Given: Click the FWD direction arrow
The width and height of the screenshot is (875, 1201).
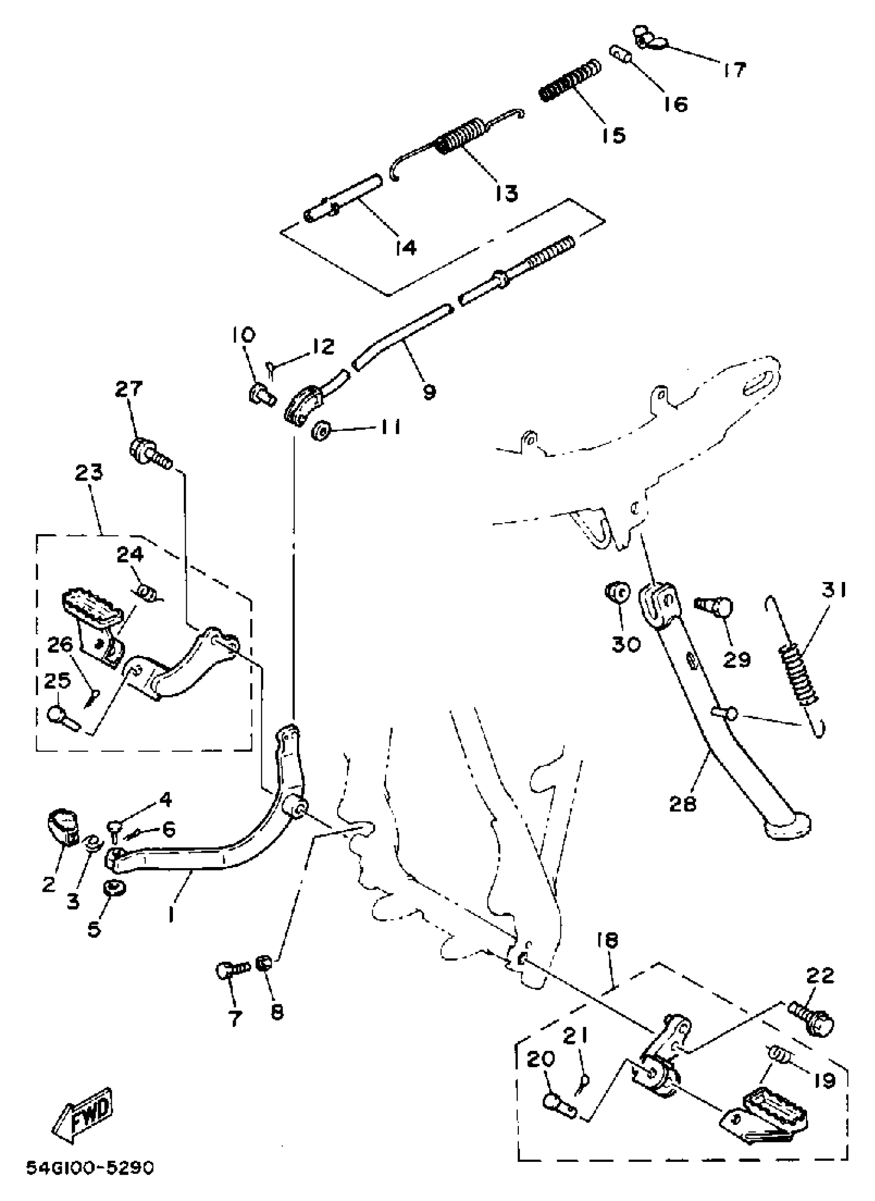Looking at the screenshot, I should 83,1117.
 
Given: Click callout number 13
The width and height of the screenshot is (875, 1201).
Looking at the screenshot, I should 506,193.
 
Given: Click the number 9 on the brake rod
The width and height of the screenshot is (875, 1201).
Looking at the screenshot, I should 429,392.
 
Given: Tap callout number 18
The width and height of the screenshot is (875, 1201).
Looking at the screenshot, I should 607,941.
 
